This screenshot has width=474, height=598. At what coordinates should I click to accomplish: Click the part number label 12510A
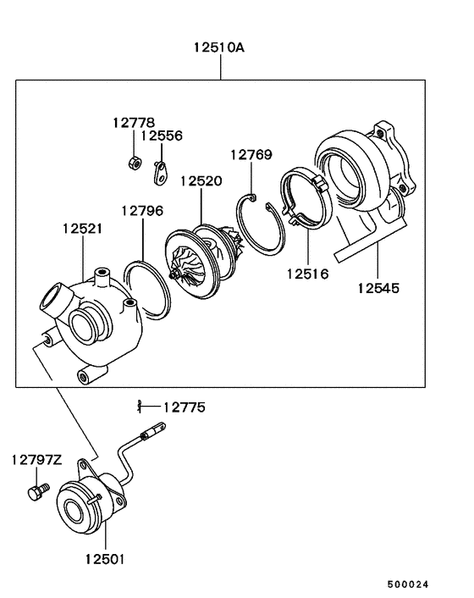[220, 48]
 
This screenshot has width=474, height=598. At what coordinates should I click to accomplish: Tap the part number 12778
[133, 122]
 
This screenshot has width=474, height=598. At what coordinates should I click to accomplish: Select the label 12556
[161, 136]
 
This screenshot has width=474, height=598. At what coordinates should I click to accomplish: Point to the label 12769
[251, 154]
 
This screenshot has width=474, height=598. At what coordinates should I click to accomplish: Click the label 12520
[201, 181]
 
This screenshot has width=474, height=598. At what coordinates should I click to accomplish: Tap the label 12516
[306, 274]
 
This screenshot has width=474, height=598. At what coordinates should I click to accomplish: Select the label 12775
[184, 407]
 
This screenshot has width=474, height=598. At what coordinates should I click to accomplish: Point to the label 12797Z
[36, 460]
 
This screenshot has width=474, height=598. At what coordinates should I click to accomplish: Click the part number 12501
[105, 559]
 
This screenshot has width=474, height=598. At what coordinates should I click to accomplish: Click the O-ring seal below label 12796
[145, 288]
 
